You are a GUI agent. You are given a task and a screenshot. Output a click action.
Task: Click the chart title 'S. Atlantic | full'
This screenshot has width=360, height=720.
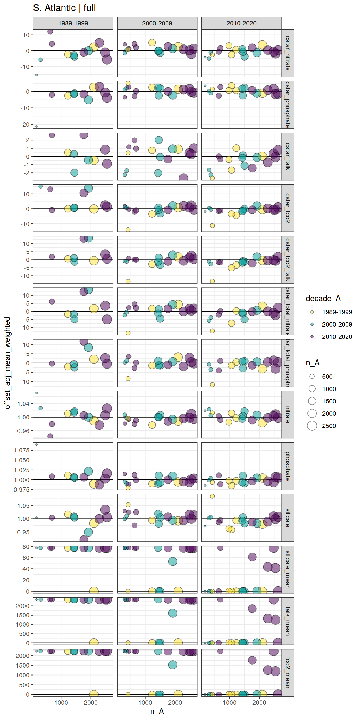[x=64, y=8]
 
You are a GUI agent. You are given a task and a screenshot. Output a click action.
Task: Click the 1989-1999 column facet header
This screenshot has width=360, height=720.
[x=73, y=23]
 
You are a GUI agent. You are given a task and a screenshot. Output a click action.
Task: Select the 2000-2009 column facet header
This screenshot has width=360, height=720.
[x=157, y=23]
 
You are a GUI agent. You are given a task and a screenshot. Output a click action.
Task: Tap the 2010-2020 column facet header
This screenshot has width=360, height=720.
[x=241, y=23]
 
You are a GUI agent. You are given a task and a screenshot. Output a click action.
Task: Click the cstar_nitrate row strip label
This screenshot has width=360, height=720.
[x=288, y=53]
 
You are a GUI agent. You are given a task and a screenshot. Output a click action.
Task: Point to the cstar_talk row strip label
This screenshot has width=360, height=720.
[x=288, y=156]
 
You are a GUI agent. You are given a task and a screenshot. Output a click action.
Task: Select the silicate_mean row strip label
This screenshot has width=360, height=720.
[x=288, y=569]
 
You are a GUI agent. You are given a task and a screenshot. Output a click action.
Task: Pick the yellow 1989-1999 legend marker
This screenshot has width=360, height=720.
[x=312, y=312]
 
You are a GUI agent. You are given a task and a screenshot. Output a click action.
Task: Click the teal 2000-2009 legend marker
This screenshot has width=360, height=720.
[x=312, y=324]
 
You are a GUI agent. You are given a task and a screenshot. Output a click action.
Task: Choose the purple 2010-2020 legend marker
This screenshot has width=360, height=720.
[x=312, y=336]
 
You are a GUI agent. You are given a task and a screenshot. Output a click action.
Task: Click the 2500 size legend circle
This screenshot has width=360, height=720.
[x=312, y=426]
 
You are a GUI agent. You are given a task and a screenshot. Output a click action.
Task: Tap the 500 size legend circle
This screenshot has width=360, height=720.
[x=312, y=377]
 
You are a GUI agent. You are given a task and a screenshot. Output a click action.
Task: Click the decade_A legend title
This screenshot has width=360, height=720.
[x=323, y=298]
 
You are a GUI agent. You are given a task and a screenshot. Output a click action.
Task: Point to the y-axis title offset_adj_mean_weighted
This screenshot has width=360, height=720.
[x=7, y=362]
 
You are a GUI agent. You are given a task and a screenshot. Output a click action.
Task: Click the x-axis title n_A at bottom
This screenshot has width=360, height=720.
[x=157, y=711]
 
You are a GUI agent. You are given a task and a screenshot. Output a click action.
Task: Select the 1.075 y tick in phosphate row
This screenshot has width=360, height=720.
[x=21, y=450]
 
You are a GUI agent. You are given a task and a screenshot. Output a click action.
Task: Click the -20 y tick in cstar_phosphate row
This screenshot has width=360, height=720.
[x=25, y=125]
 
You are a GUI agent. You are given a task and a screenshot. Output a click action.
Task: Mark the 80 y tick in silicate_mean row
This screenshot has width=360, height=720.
[x=26, y=546]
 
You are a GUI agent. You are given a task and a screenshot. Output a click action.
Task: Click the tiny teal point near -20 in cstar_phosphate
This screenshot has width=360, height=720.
[x=37, y=127]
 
